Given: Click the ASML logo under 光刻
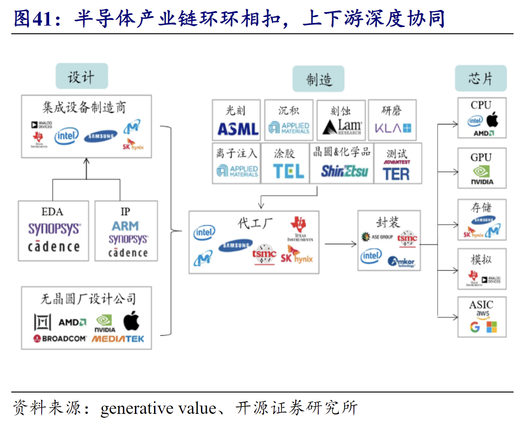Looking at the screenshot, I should click(237, 128).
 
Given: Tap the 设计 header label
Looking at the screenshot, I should click(81, 77).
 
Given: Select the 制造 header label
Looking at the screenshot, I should click(319, 79).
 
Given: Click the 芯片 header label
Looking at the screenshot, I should click(480, 79).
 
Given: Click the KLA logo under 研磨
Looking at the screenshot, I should click(393, 128).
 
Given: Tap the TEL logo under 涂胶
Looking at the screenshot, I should click(288, 171).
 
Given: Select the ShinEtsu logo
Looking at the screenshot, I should click(344, 171).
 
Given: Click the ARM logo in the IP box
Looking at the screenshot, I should click(125, 226).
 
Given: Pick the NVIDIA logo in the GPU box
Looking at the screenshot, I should click(482, 176).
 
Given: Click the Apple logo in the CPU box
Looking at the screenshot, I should click(492, 119).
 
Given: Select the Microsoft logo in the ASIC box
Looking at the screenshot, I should click(491, 327).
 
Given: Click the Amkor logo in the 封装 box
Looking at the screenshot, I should click(402, 262).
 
